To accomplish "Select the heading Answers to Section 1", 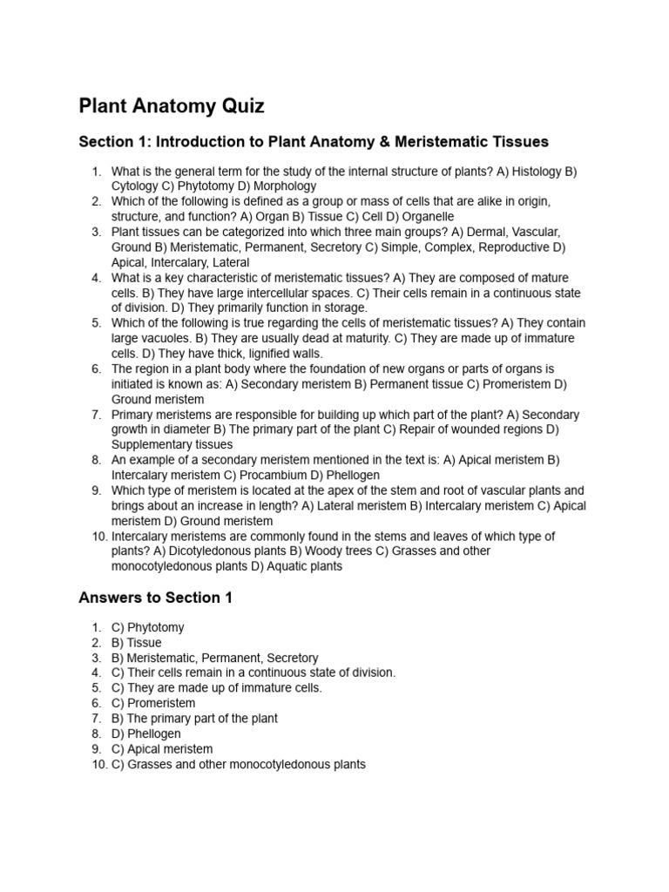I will (155, 598).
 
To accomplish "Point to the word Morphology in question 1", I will (285, 186).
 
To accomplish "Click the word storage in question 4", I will (345, 308).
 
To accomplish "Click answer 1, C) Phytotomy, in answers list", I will (148, 627).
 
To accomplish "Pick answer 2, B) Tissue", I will (137, 643).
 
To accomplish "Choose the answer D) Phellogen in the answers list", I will (146, 733).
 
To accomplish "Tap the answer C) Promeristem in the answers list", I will (153, 703).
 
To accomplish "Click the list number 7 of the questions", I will (97, 415).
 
